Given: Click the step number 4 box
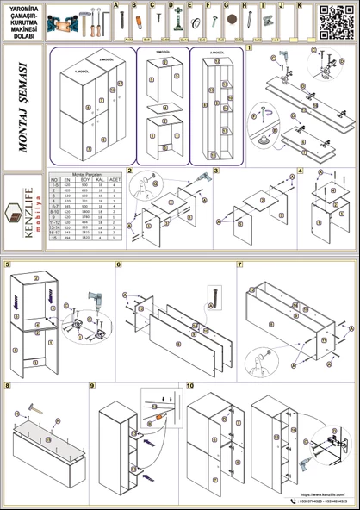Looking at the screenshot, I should pyautogui.click(x=300, y=171).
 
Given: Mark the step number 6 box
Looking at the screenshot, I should pyautogui.click(x=119, y=264).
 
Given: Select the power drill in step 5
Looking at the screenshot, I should pyautogui.click(x=90, y=304).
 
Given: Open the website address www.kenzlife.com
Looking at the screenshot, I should pyautogui.click(x=321, y=494).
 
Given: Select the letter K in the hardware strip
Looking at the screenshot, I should pyautogui.click(x=299, y=4).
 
